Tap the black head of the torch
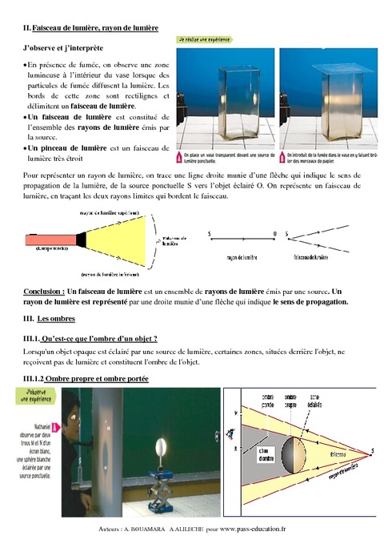tap(80, 238)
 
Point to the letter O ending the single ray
tap(274, 234)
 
